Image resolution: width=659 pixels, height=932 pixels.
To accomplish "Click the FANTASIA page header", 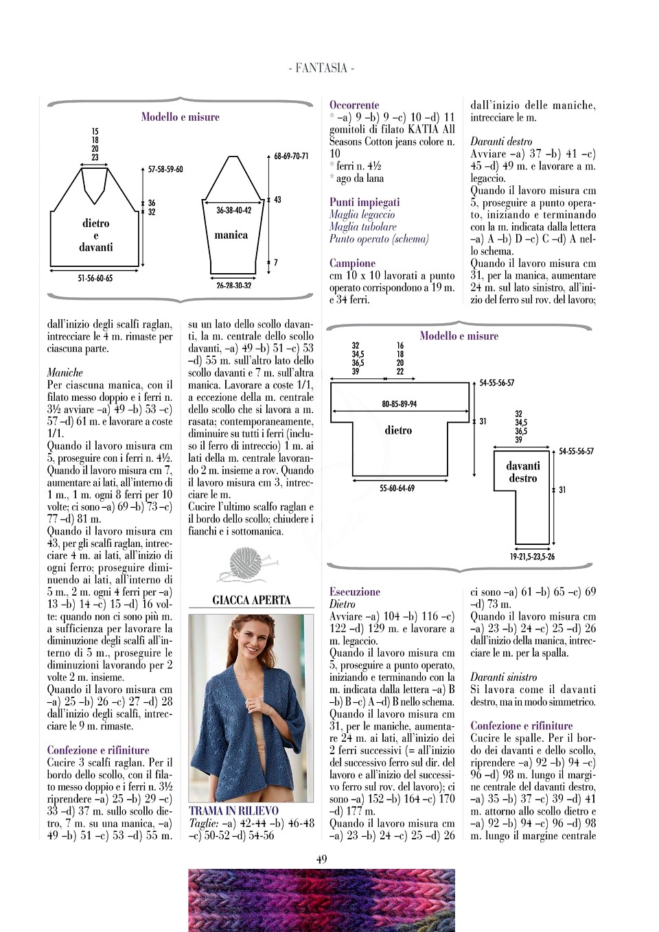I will coord(321,68).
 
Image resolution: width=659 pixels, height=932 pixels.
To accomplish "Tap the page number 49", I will coord(321,859).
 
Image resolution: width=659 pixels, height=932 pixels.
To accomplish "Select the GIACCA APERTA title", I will coord(251,600).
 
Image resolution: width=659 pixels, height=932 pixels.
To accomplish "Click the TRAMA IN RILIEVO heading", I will coord(233,811).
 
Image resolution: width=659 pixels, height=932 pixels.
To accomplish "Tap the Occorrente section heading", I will coord(354,105).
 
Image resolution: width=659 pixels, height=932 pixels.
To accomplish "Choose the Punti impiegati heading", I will coord(365,202).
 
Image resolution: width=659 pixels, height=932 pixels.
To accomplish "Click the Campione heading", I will coord(352,263).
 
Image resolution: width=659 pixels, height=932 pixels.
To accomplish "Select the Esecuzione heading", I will coord(354,592).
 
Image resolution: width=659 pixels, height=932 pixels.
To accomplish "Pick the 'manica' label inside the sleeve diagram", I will coord(231,235).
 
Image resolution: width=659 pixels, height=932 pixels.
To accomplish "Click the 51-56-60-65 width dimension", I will coord(95,279).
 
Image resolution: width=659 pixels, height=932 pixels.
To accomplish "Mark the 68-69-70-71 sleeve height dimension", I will coord(291,156).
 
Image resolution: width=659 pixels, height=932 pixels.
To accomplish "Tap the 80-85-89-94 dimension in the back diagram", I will coord(399,404).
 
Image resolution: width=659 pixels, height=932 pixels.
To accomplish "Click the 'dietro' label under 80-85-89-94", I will coord(398,430).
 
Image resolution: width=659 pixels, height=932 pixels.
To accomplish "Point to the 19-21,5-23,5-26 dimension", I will coord(532,557).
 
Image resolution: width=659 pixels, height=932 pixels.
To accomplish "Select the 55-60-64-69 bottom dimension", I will coord(397,489).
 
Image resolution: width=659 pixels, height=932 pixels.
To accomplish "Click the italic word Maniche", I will coord(65,373).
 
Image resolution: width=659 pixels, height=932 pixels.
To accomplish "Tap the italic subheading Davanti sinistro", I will coord(503,677).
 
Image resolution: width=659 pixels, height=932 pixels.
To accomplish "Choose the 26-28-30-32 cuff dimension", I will coord(233,286).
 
